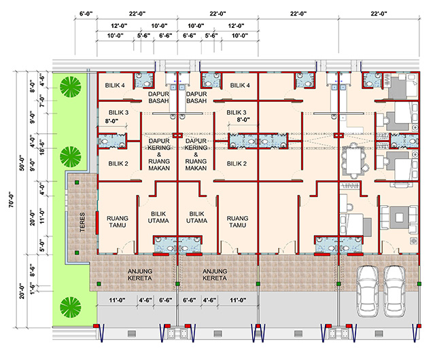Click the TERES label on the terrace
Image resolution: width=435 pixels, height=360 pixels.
[x=82, y=222]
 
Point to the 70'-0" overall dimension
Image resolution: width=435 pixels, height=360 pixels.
[x=12, y=200]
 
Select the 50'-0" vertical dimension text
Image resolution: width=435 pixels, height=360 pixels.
[x=22, y=164]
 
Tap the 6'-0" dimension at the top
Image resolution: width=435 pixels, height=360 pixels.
[x=86, y=14]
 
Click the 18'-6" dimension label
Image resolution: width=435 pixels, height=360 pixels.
[x=42, y=147]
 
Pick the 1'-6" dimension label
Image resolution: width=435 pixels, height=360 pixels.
[x=33, y=289]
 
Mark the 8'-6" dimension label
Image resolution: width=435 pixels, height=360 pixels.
[x=33, y=271]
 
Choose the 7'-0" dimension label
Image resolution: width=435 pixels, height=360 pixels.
[x=42, y=101]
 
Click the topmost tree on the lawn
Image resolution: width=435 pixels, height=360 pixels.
[x=71, y=86]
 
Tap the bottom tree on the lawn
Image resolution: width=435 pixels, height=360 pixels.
[x=71, y=307]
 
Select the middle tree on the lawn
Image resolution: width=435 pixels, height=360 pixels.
[x=71, y=157]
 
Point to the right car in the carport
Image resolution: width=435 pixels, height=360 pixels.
[x=395, y=291]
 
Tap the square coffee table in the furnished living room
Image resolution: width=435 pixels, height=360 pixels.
[x=399, y=217]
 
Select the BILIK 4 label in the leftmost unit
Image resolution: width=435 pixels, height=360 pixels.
[x=115, y=86]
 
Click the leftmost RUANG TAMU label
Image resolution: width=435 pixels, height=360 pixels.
[x=118, y=221]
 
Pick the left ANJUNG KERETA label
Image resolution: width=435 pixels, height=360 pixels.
[x=140, y=274]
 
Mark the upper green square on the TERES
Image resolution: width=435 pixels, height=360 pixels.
[x=77, y=182]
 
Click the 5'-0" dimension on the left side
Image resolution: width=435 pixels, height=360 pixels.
[x=42, y=245]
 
